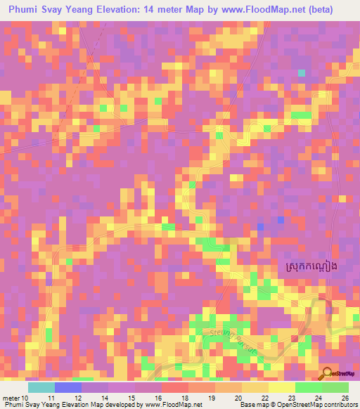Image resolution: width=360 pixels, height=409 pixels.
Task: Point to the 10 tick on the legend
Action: pos(25,398)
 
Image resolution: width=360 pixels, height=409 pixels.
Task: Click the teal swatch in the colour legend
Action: pos(41,387)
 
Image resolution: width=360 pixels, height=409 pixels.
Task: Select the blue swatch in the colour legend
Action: pos(68,387)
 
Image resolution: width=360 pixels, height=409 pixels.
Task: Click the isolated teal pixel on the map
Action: pos(302,73)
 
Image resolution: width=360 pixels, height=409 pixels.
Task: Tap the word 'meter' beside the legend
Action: pos(10,398)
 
